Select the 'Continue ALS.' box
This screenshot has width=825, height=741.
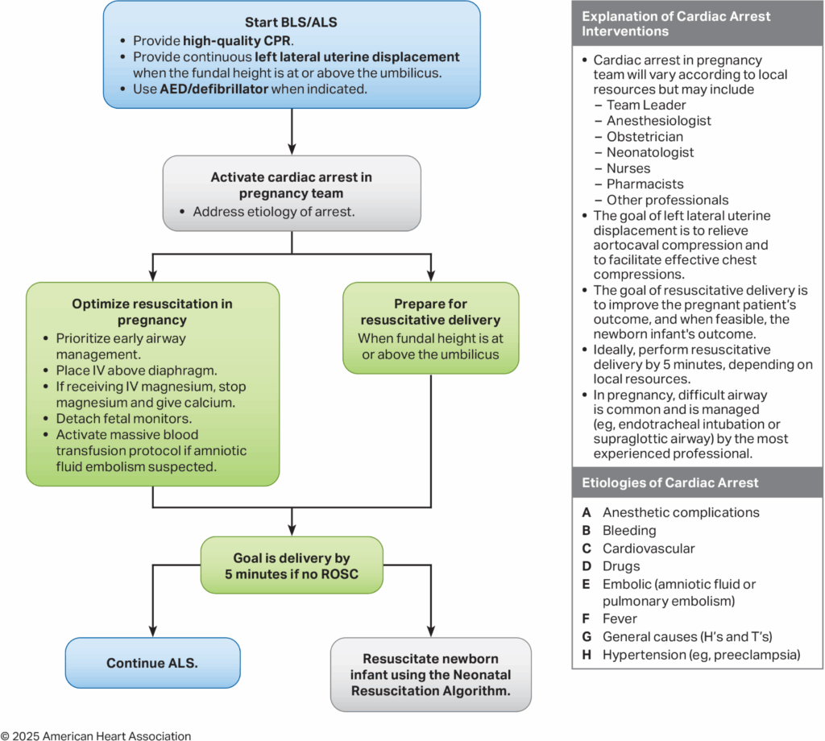tap(153, 664)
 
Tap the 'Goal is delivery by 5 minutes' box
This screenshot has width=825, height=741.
tap(291, 565)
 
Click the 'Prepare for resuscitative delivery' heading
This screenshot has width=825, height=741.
tap(431, 312)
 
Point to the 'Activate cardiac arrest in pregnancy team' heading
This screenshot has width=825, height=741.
tap(291, 185)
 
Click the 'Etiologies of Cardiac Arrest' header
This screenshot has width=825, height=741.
tap(670, 483)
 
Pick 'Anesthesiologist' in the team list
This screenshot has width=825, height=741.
tap(659, 121)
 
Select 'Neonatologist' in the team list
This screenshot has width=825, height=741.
tap(649, 152)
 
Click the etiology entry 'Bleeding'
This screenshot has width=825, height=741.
tap(629, 531)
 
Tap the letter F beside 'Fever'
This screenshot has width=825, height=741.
tap(587, 619)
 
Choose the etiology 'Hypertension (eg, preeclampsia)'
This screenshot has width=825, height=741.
tap(701, 655)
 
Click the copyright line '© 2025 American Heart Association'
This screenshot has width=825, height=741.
tap(96, 735)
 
